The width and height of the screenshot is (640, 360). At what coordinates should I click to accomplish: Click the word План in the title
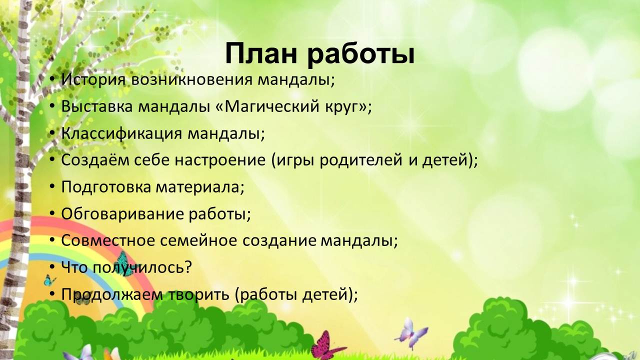[x=261, y=54]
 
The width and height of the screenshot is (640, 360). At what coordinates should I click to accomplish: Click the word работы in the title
[x=361, y=54]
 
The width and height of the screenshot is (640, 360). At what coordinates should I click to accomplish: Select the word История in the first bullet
[x=93, y=79]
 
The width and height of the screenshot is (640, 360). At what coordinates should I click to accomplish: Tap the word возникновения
[x=191, y=80]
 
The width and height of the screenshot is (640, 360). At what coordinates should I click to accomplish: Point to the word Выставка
[x=97, y=106]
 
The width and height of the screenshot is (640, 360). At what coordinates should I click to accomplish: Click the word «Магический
[x=267, y=106]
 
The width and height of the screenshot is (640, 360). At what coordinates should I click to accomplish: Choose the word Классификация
[x=121, y=133]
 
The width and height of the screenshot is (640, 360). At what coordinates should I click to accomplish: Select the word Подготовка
[x=106, y=187]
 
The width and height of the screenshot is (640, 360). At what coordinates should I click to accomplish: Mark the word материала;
[x=200, y=187]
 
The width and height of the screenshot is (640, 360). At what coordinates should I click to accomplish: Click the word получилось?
[x=142, y=267]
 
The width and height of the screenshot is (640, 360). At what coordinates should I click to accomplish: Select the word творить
[x=199, y=294]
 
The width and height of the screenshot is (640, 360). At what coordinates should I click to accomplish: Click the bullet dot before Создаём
[x=51, y=159]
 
